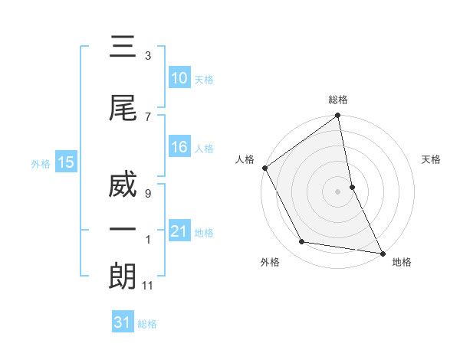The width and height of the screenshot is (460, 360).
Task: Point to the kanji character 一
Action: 123,230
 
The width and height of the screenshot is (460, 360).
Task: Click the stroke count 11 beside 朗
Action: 148,286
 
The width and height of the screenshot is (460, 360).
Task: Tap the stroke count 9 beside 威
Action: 147,194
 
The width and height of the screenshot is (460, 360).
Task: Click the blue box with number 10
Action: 179,78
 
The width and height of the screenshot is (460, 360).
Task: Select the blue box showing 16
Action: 179,147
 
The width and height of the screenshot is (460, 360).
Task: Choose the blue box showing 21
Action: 179,231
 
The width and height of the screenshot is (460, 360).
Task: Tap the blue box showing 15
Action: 65,162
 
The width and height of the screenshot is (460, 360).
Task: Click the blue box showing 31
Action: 122,322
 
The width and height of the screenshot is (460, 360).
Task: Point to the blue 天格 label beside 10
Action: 204,80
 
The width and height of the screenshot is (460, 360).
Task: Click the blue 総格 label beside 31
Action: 147,324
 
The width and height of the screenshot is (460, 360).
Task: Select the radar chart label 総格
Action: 338,100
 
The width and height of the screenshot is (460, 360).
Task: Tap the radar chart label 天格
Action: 432,159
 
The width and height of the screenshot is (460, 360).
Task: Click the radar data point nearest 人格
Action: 265,168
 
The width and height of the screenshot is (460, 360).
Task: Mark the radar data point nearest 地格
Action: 382,253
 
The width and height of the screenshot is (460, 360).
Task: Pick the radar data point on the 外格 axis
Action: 302,242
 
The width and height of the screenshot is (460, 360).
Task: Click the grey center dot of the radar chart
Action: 338,191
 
